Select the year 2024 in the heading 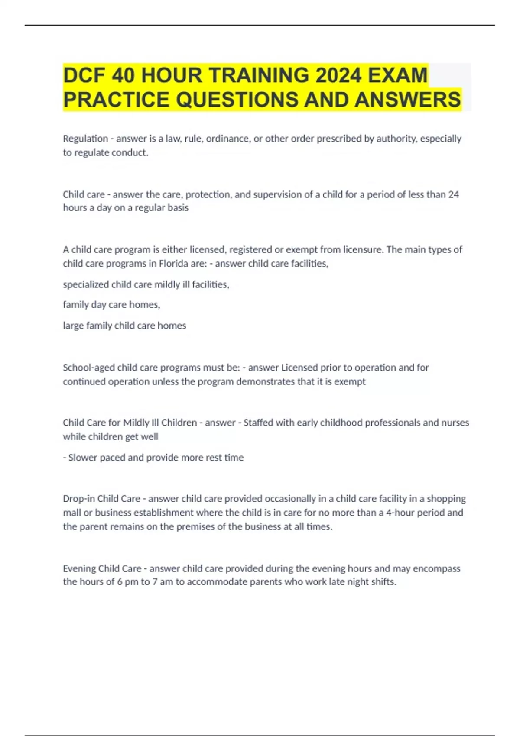click(338, 75)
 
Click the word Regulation click(85, 139)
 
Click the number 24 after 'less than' click(453, 194)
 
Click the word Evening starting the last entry click(79, 568)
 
